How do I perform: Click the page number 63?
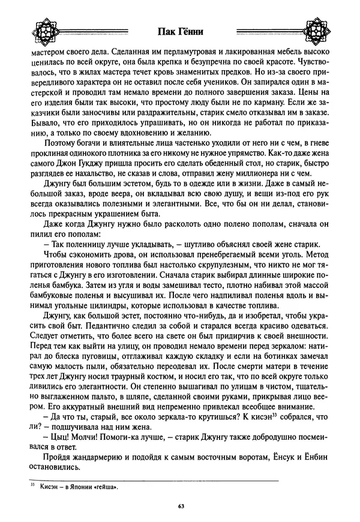coord(180,506)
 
